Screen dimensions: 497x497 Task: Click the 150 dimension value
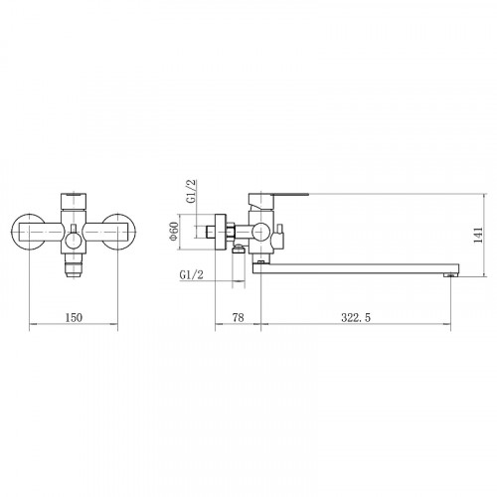click(x=74, y=317)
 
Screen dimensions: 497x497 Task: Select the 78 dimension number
click(x=238, y=317)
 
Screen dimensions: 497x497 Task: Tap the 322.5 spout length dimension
click(x=356, y=317)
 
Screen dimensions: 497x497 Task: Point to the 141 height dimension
click(x=478, y=235)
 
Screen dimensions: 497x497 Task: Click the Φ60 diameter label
click(x=174, y=231)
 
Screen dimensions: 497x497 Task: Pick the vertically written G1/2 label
click(x=192, y=191)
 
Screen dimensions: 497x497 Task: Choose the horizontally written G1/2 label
click(x=191, y=274)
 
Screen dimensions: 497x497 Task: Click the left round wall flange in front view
click(x=28, y=232)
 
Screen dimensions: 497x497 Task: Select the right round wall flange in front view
click(x=119, y=232)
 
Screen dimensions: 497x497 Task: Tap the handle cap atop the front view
click(x=74, y=201)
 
